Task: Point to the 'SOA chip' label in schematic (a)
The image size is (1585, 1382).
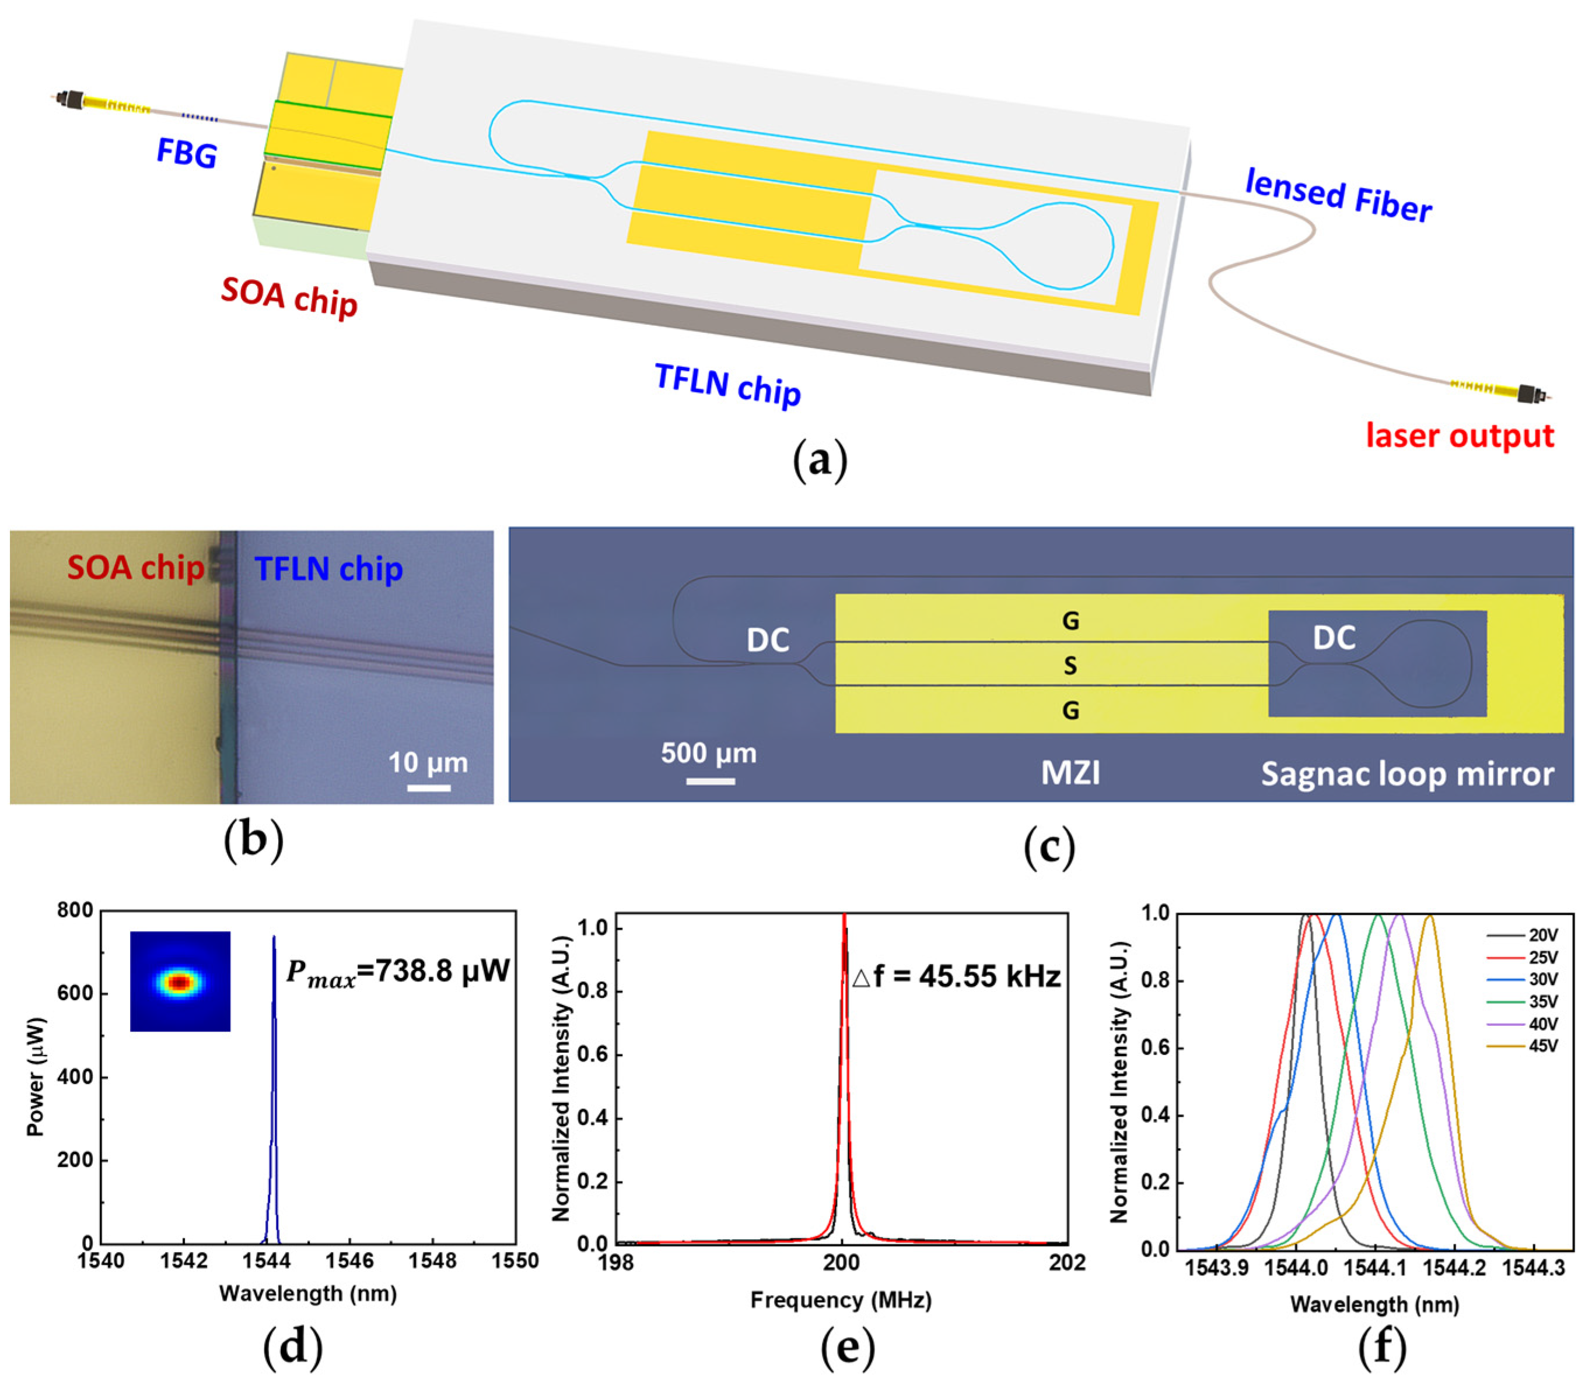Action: tap(289, 297)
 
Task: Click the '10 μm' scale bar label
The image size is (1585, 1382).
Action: tap(428, 763)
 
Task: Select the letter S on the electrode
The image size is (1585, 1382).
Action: tap(1069, 666)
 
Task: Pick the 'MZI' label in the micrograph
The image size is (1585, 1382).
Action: tap(1070, 773)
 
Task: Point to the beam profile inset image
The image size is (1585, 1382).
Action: tap(180, 981)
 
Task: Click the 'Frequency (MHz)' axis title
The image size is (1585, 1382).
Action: tap(841, 1301)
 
